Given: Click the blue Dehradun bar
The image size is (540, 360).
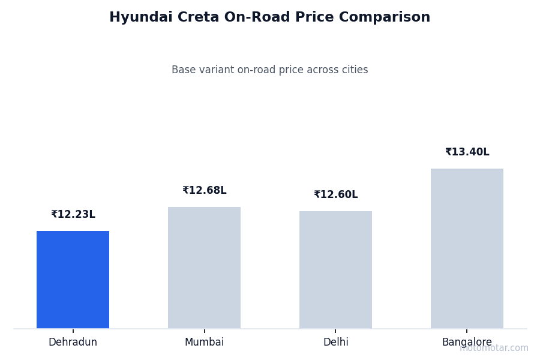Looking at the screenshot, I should pyautogui.click(x=73, y=280).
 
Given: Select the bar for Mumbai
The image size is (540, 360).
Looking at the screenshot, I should pyautogui.click(x=204, y=268).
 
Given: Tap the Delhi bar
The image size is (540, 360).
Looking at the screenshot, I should pyautogui.click(x=335, y=270).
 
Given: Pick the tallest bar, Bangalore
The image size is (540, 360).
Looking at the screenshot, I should pyautogui.click(x=467, y=248).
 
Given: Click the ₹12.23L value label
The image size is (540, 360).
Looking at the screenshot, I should pyautogui.click(x=73, y=215).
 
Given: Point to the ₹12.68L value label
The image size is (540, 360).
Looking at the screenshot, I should pyautogui.click(x=204, y=191).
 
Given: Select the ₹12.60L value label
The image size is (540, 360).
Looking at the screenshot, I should pyautogui.click(x=335, y=195).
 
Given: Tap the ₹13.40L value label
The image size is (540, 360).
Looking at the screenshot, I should pyautogui.click(x=467, y=152).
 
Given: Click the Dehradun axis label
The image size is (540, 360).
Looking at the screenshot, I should pyautogui.click(x=73, y=343).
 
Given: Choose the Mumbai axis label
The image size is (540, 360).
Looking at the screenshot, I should pyautogui.click(x=204, y=343).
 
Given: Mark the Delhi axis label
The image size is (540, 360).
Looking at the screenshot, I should pyautogui.click(x=335, y=343).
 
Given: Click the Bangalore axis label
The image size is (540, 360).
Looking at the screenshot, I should pyautogui.click(x=467, y=343).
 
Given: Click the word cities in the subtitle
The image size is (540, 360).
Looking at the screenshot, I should pyautogui.click(x=353, y=70).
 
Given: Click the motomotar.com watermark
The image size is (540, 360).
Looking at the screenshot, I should pyautogui.click(x=494, y=349).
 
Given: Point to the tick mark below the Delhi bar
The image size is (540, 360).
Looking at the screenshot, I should pyautogui.click(x=335, y=331).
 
